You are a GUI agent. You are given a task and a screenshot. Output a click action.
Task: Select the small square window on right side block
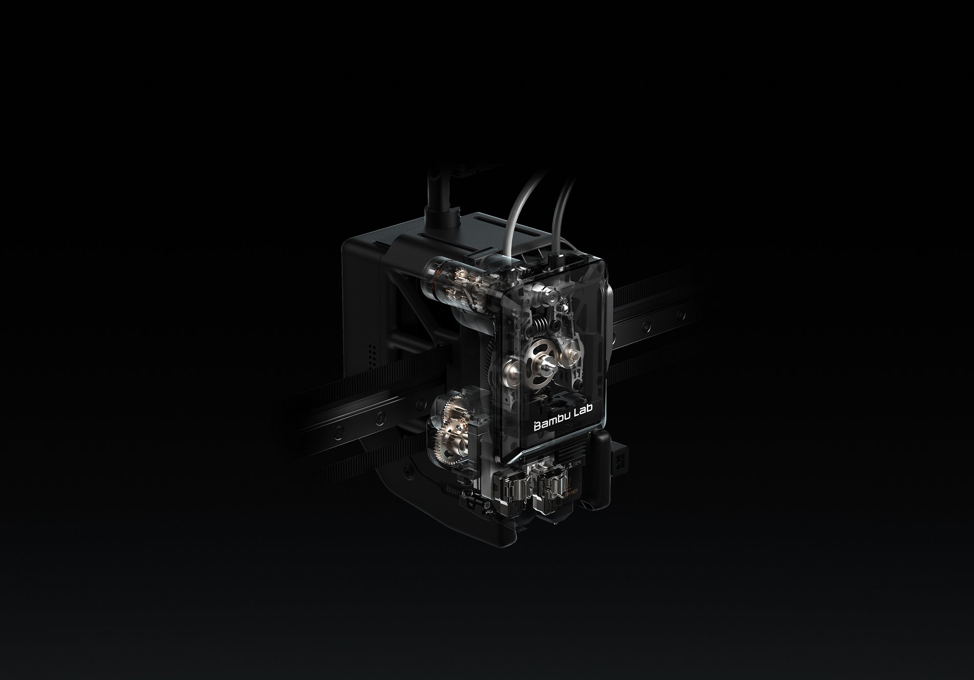619,463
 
